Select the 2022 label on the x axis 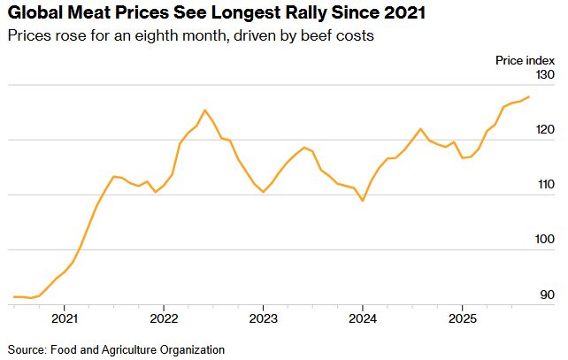coord(164,317)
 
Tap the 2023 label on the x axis coord(263,317)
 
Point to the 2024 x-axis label coord(363,317)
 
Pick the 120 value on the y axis coord(544,131)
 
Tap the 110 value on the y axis coord(544,186)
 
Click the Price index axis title coord(524,59)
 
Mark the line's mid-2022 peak coord(204,110)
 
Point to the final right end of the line coord(529,96)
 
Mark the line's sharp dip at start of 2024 coord(363,201)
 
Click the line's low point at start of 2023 coord(264,192)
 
